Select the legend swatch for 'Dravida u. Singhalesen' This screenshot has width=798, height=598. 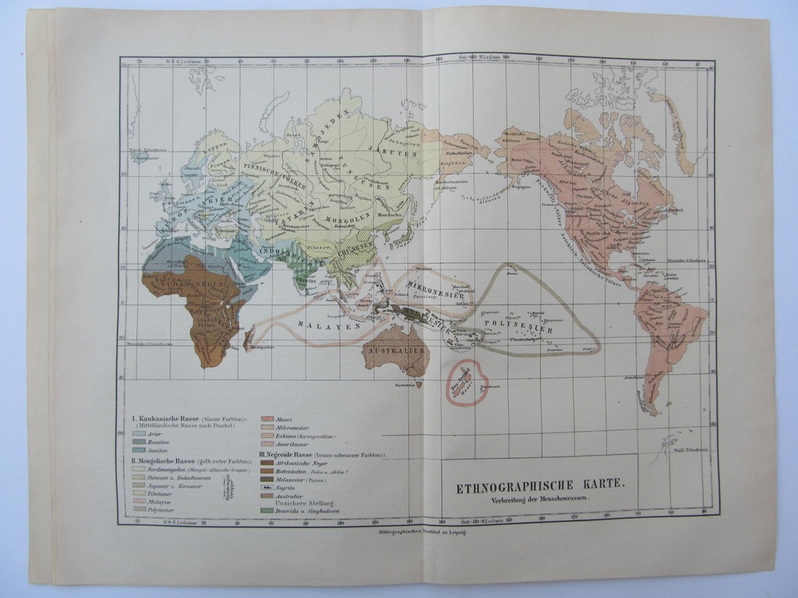267,511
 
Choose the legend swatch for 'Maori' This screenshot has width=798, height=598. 267,419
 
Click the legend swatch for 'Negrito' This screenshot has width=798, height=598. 267,487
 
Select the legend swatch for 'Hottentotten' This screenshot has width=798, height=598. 267,470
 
